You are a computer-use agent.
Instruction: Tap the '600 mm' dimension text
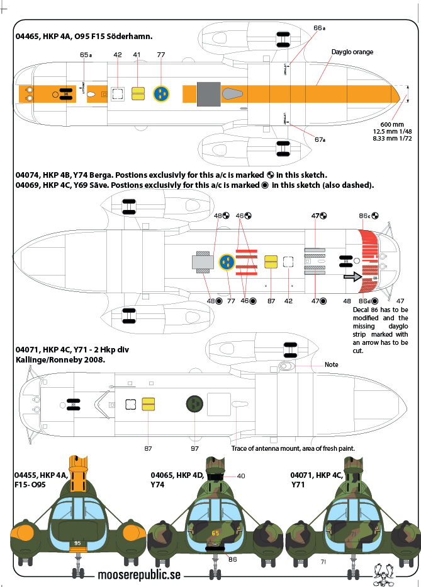point(391,124)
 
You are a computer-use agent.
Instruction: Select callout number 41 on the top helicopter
point(137,55)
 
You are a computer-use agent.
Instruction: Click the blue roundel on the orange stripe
point(162,94)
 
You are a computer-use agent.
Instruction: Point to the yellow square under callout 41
point(138,94)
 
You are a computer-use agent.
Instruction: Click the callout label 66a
point(319,28)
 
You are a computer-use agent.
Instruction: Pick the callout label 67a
point(319,139)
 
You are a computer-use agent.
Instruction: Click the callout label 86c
point(367,216)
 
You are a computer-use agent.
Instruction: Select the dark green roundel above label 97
point(194,404)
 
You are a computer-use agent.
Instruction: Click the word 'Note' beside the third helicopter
point(332,365)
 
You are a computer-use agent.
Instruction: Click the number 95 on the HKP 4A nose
point(77,542)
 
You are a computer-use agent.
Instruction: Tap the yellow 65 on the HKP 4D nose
point(215,533)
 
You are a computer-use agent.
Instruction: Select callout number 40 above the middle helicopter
point(241,476)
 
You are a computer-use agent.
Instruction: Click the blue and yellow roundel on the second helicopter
point(227,262)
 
